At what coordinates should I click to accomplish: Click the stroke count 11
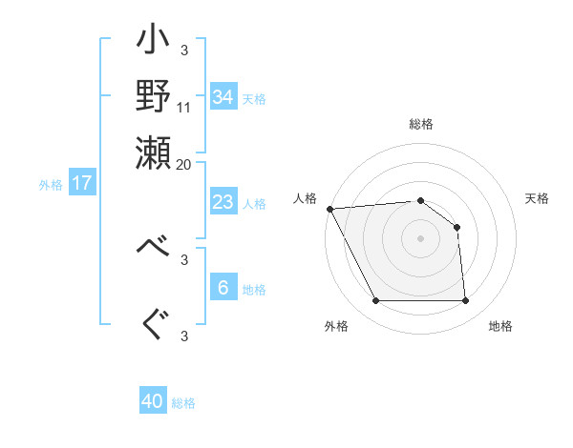[x=184, y=106]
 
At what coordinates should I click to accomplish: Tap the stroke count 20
[x=184, y=163]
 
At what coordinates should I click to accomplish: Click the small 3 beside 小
[x=183, y=50]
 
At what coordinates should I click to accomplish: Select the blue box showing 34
[x=223, y=97]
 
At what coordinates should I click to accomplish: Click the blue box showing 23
[x=223, y=202]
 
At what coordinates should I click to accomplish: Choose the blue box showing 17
[x=82, y=183]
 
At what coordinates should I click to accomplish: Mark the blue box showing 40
[x=153, y=401]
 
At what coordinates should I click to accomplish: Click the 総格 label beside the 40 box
[x=183, y=403]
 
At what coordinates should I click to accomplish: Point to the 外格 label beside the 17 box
[x=51, y=185]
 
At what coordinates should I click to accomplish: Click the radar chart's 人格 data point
[x=329, y=209]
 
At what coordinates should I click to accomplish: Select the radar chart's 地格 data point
[x=465, y=301]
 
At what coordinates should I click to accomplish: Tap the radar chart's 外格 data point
[x=375, y=301]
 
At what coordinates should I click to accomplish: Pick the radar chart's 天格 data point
[x=456, y=227]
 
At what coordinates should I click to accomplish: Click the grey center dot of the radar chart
[x=420, y=238]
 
